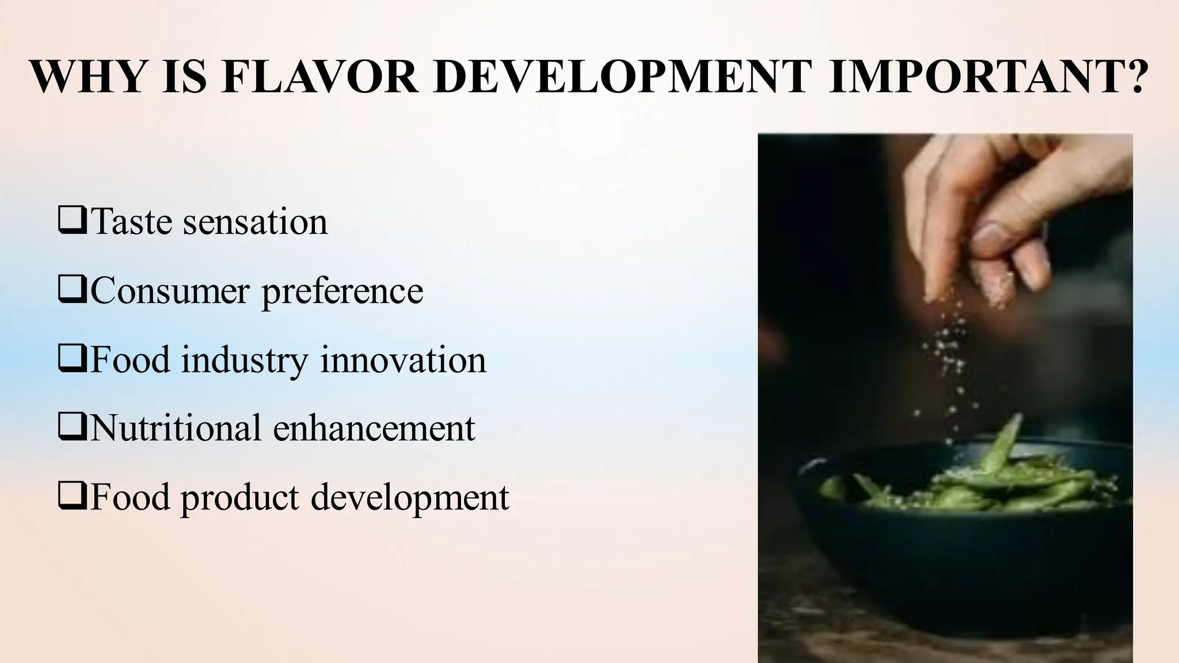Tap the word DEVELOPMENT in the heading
pos(622,77)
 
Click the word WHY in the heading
pos(87,77)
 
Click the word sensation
pos(255,222)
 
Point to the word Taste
pos(132,222)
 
